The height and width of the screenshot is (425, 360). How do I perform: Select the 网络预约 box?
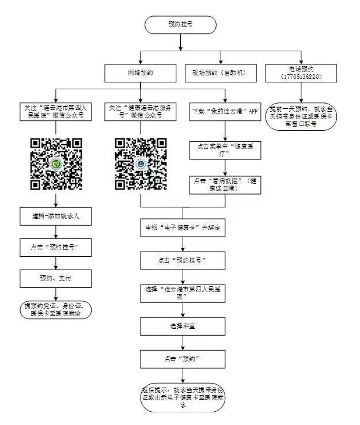141,73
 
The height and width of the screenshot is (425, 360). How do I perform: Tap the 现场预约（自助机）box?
218,73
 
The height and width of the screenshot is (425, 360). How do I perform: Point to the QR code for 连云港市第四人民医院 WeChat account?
56,164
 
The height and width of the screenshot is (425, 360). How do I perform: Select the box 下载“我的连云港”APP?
225,111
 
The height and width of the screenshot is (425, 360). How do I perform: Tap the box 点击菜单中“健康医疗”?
225,150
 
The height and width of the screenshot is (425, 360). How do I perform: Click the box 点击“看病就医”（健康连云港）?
225,184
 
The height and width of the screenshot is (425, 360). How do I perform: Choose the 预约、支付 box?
56,279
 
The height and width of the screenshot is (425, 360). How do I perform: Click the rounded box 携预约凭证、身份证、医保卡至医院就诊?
56,309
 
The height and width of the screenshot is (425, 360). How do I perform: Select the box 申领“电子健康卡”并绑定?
183,227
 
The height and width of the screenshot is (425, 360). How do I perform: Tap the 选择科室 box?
183,326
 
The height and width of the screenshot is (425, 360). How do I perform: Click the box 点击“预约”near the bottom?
183,358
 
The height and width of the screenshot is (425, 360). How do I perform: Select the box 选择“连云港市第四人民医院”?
183,293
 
